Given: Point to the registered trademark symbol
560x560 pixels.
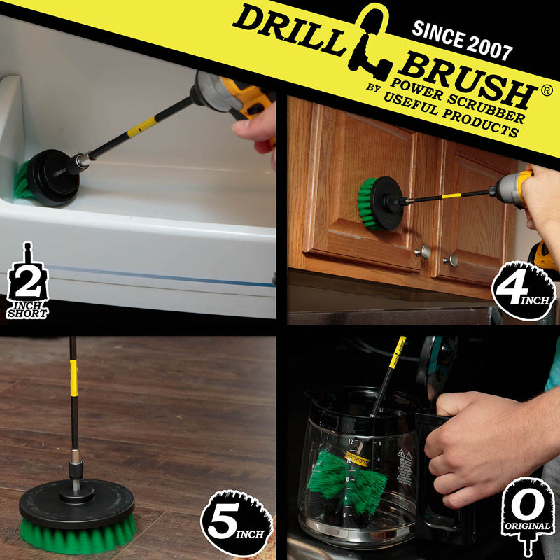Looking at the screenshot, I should [x=548, y=92].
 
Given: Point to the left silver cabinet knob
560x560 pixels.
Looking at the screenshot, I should [x=424, y=251].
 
